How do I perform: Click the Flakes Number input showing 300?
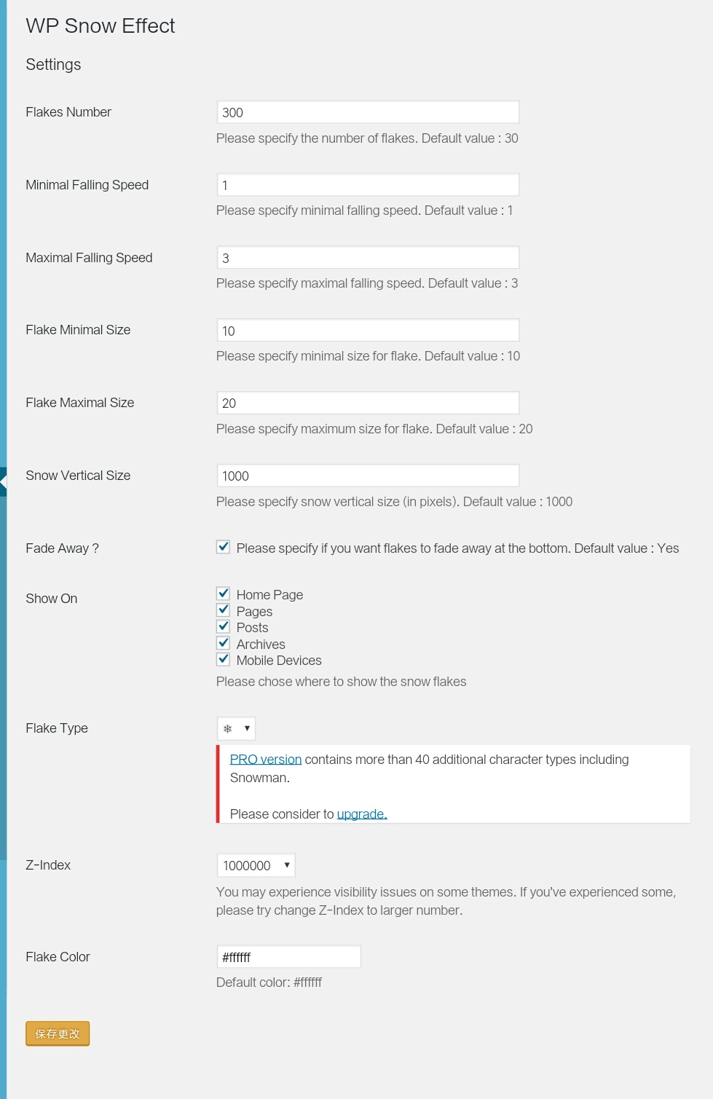tap(368, 112)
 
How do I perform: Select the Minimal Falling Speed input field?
tap(368, 185)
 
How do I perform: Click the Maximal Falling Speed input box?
tap(368, 258)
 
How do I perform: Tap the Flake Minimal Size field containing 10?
tap(368, 331)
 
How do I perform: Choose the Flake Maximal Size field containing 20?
tap(368, 403)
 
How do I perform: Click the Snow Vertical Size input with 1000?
tap(368, 476)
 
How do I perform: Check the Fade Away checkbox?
tap(224, 547)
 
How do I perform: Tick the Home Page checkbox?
tap(224, 594)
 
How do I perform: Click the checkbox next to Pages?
tap(224, 610)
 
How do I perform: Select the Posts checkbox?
tap(224, 626)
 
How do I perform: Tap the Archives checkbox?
tap(224, 643)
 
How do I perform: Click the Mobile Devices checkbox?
tap(224, 659)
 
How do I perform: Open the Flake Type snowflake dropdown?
tap(237, 728)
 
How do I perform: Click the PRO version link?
tap(266, 760)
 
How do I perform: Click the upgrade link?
tap(362, 814)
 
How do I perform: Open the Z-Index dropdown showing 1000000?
tap(256, 865)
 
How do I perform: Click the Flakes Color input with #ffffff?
tap(288, 957)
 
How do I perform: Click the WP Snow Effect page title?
tap(101, 26)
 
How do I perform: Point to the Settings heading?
tap(53, 65)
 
